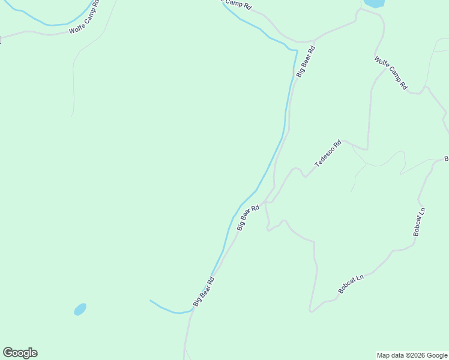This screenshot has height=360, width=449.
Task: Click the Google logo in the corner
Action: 20,353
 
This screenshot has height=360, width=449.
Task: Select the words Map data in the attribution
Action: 390,355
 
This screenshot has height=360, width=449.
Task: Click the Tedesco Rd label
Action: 328,154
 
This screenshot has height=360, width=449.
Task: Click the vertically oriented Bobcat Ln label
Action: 418,221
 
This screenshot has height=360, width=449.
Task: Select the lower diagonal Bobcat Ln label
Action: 351,284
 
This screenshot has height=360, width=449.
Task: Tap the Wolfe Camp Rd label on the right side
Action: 391,73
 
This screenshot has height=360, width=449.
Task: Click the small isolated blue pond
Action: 80,309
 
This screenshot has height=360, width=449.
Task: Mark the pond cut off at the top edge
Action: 373,3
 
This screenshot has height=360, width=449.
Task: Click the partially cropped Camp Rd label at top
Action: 237,4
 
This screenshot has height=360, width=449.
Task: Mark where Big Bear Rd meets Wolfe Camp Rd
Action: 315,41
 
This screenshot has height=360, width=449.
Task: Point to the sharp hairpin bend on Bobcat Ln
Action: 310,310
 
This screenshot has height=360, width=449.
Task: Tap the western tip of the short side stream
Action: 151,301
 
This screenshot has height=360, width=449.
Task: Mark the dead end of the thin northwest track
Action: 71,115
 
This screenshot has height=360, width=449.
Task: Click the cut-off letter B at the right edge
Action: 446,158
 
